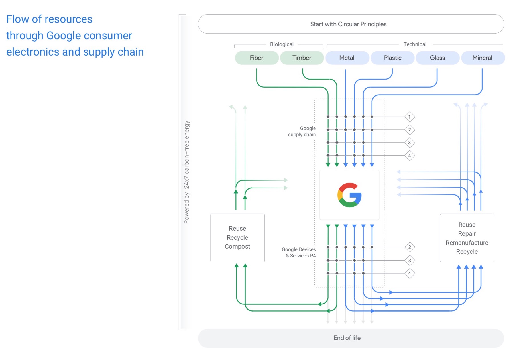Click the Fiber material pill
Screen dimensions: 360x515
(257, 58)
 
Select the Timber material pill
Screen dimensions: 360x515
(302, 58)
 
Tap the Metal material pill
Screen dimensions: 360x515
(347, 58)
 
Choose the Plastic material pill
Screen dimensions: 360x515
(392, 58)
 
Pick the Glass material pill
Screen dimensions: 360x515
(437, 58)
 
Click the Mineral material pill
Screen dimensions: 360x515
(482, 58)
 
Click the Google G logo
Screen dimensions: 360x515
(349, 195)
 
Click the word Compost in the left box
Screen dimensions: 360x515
(237, 247)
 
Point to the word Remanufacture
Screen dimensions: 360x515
(467, 243)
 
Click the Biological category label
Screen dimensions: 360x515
(282, 44)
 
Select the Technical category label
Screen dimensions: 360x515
(415, 44)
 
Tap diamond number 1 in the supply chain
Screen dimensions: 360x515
(410, 117)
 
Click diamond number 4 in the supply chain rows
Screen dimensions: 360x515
(410, 156)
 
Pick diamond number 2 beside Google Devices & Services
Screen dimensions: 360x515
(410, 247)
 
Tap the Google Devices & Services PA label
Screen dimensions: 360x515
(299, 253)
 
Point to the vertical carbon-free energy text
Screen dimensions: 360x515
(186, 172)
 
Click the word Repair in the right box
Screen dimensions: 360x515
(467, 234)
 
